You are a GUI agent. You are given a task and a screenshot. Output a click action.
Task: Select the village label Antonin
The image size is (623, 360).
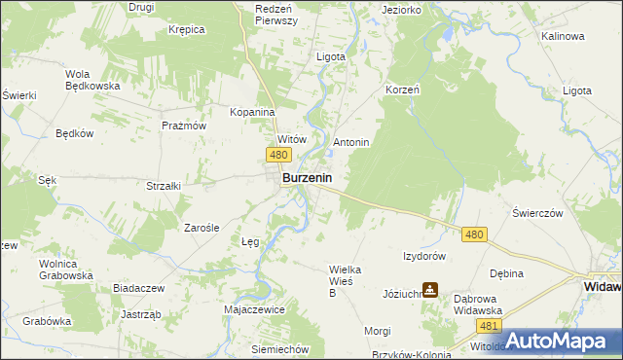click(351, 142)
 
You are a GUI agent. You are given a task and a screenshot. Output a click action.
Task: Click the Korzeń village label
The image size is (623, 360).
click(402, 89)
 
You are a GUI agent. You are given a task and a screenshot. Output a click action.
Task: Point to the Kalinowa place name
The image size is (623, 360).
click(564, 36)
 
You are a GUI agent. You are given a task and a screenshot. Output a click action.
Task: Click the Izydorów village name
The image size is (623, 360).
click(424, 256)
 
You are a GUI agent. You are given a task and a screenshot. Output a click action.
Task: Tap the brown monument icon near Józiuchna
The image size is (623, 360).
click(430, 289)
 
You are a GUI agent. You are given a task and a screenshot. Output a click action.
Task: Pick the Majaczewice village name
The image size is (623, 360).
click(254, 309)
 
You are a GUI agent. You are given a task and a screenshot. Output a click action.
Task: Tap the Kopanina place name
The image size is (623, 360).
click(253, 112)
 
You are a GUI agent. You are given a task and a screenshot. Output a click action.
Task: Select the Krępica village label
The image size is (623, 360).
click(186, 29)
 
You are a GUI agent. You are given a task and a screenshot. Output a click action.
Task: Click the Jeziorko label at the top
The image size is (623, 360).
click(402, 10)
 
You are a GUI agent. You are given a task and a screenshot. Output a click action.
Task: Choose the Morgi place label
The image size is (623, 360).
click(378, 331)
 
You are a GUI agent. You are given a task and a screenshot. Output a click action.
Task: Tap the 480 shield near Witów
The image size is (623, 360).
click(278, 156)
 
